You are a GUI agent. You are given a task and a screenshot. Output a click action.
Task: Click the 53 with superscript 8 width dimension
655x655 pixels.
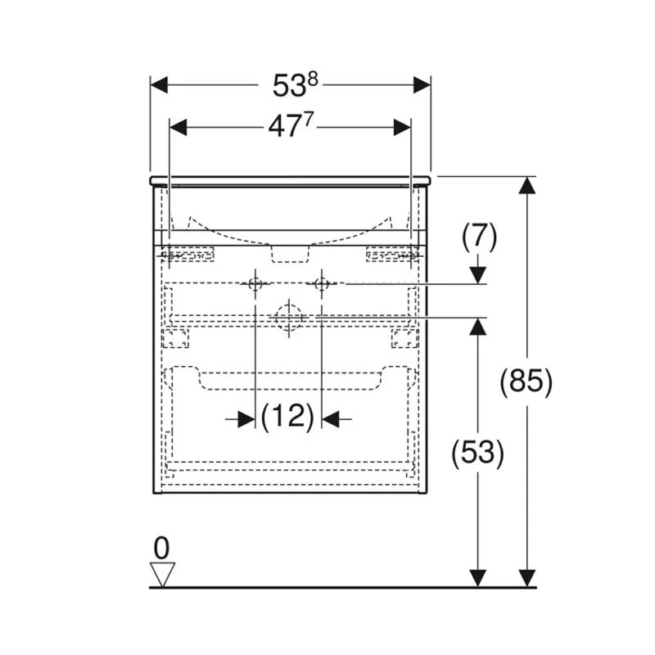pos(296,85)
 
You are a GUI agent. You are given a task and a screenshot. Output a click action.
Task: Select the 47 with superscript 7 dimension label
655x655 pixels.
pos(291,126)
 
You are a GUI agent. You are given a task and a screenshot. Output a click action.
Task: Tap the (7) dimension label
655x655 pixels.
pos(479,237)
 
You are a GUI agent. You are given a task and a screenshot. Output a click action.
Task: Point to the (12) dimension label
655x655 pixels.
pos(288,418)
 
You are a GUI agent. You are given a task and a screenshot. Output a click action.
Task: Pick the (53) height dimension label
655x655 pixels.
pos(478,453)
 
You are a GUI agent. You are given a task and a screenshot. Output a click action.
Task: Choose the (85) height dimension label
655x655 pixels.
pos(526,381)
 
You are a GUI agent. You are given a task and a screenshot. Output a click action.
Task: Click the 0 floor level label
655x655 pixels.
pos(161,548)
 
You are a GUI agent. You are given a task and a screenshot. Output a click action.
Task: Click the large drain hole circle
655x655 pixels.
pos(289,318)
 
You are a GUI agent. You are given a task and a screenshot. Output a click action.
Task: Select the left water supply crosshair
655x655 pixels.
pos(255,283)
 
